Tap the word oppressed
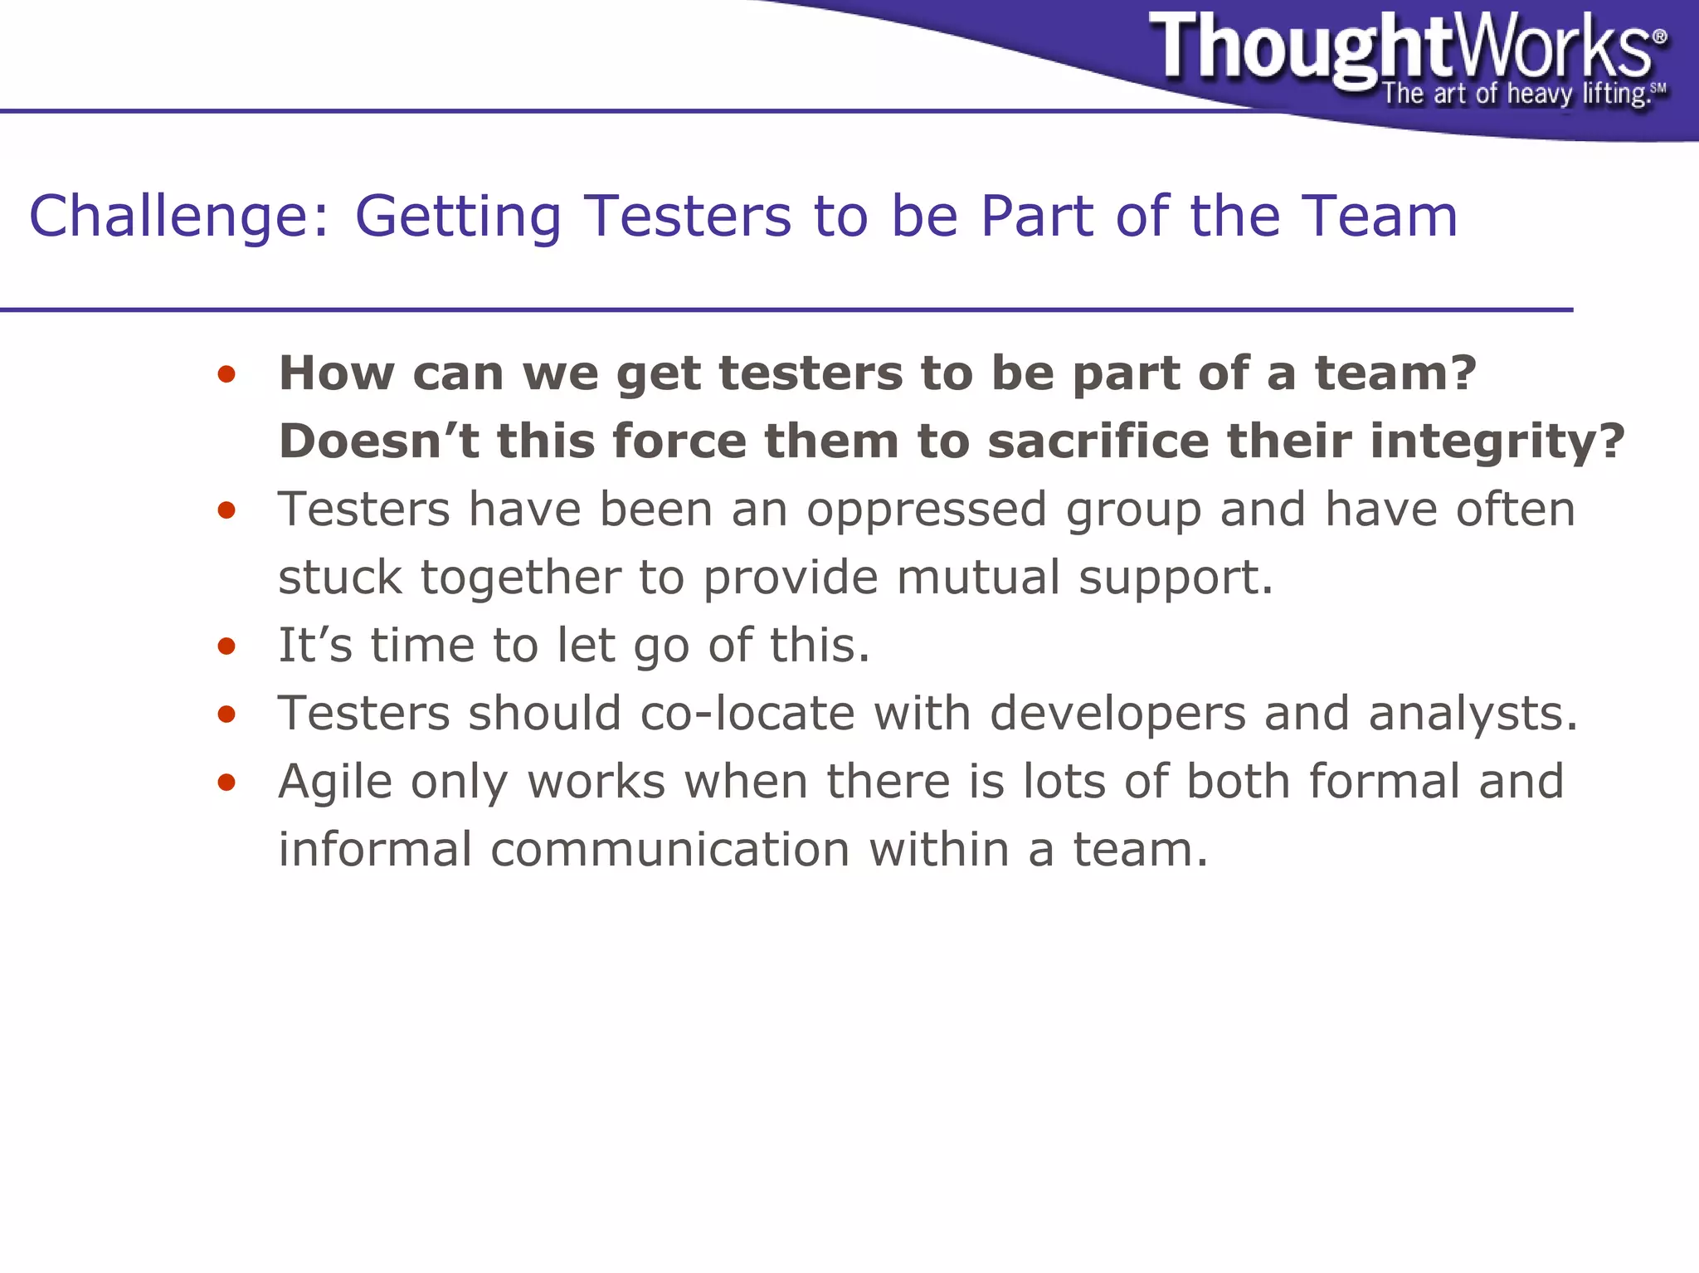(x=927, y=510)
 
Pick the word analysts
(x=1473, y=714)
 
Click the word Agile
(x=335, y=783)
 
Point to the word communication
(x=670, y=850)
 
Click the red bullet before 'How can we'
(x=226, y=374)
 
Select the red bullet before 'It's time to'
(x=226, y=646)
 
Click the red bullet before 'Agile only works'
(x=226, y=783)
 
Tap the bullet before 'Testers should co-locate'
(x=226, y=715)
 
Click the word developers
(x=1117, y=715)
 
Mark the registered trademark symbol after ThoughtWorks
(x=1659, y=37)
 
